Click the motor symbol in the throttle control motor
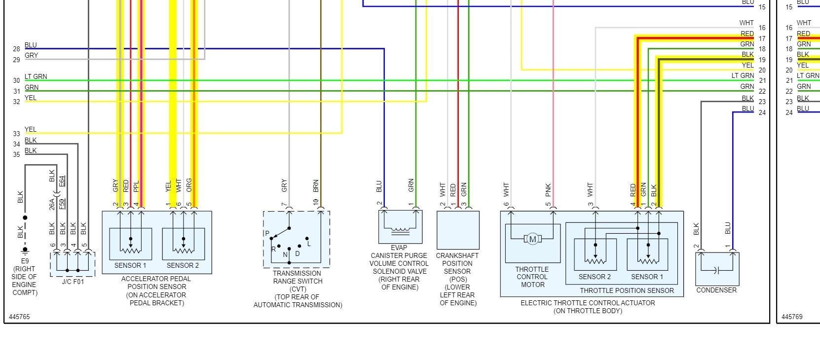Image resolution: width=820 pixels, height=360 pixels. pyautogui.click(x=532, y=239)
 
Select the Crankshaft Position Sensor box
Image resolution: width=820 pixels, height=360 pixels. pyautogui.click(x=457, y=230)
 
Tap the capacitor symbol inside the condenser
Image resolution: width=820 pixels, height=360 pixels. pyautogui.click(x=717, y=270)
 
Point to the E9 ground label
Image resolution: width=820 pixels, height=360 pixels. pyautogui.click(x=25, y=261)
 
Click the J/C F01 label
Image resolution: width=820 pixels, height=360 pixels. pyautogui.click(x=73, y=282)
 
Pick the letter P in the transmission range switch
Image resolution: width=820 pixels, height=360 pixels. pyautogui.click(x=267, y=233)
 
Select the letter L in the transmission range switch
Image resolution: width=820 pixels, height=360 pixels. pyautogui.click(x=309, y=244)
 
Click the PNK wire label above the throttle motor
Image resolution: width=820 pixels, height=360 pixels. pyautogui.click(x=549, y=190)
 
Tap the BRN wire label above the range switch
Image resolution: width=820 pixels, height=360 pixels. pyautogui.click(x=316, y=186)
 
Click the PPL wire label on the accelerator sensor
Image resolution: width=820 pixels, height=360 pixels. pyautogui.click(x=137, y=186)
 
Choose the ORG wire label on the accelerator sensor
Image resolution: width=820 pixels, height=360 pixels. pyautogui.click(x=189, y=185)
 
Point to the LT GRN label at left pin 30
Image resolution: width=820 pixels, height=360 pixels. pyautogui.click(x=36, y=76)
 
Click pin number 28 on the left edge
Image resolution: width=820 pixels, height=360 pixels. pyautogui.click(x=16, y=49)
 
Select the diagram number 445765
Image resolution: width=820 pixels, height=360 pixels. pyautogui.click(x=19, y=317)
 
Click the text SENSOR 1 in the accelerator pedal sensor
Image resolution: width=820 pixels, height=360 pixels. pyautogui.click(x=130, y=265)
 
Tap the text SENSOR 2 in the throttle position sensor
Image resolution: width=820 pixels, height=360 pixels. pyautogui.click(x=595, y=277)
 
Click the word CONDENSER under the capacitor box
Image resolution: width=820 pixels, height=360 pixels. pyautogui.click(x=716, y=290)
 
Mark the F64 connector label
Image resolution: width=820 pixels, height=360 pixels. pyautogui.click(x=62, y=181)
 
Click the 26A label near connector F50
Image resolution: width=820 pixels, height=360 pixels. pyautogui.click(x=52, y=204)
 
